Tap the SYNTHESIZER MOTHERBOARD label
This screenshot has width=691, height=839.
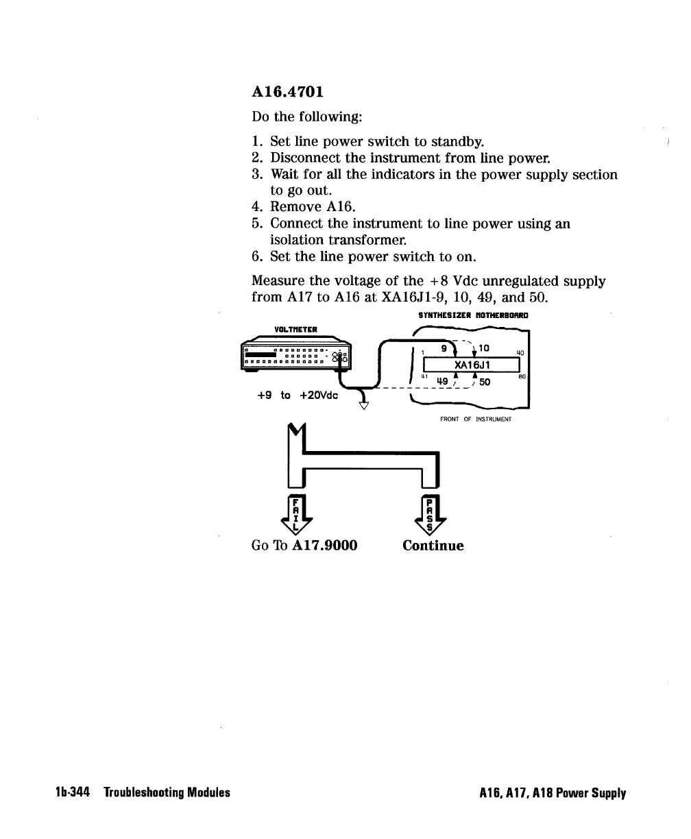click(x=474, y=316)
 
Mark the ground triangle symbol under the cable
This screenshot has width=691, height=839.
click(x=364, y=405)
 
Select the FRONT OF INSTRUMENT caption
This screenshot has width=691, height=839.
click(x=476, y=419)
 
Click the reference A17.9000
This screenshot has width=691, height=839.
click(x=325, y=546)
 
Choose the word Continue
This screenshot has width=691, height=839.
click(x=433, y=546)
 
